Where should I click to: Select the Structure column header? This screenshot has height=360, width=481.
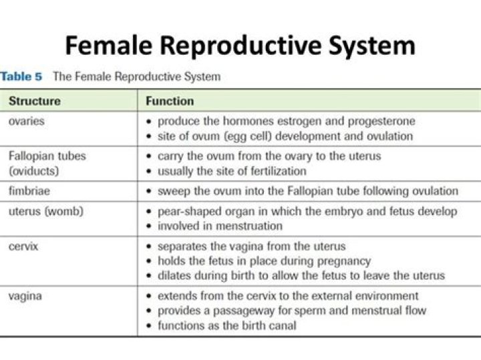34,102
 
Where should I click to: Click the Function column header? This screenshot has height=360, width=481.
170,102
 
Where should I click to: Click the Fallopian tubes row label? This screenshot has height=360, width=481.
47,156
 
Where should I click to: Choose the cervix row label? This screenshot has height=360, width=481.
24,246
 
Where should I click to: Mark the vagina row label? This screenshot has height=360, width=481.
25,296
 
